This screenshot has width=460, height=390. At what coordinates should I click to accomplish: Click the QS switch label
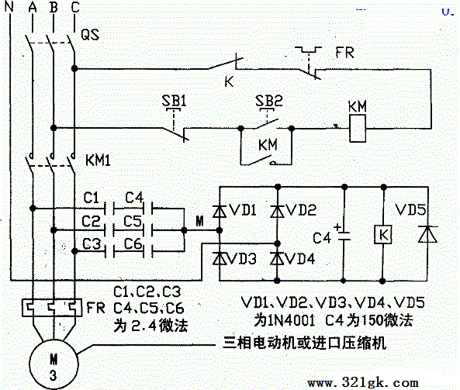click(90, 35)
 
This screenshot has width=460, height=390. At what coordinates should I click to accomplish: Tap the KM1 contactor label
click(98, 160)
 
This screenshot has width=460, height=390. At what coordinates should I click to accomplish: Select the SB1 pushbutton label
click(175, 101)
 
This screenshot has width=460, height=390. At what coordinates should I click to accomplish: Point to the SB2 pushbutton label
click(269, 101)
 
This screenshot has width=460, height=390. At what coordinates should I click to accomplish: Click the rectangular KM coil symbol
click(358, 129)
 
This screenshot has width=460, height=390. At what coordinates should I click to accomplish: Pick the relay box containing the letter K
click(383, 235)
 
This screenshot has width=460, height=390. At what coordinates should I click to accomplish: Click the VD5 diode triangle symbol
click(427, 234)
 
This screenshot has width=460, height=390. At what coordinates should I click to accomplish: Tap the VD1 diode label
click(242, 210)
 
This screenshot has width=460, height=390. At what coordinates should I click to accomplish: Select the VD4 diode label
click(299, 259)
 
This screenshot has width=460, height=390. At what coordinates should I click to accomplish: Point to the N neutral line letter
click(9, 6)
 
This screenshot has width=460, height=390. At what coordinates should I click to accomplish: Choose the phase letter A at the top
click(33, 7)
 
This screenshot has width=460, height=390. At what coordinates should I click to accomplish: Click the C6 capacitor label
click(133, 243)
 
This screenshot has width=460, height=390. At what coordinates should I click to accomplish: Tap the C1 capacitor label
click(92, 198)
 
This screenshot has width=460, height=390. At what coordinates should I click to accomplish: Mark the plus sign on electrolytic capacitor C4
click(338, 227)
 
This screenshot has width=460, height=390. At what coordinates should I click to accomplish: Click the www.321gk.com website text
click(363, 383)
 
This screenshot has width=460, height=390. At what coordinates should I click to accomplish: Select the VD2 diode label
click(301, 210)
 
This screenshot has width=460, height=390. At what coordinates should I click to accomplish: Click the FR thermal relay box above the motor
click(52, 308)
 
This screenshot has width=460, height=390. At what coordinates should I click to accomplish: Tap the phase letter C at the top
click(75, 7)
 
